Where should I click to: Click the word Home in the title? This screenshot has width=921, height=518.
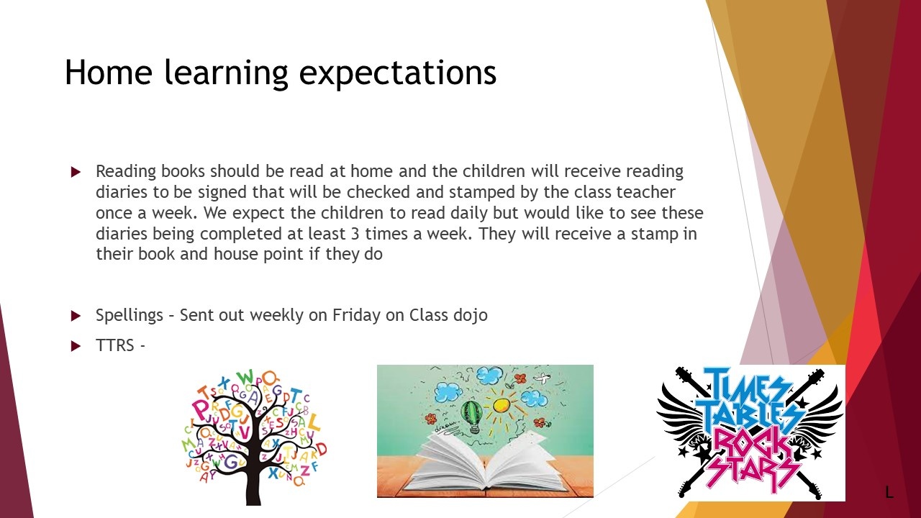[x=109, y=73]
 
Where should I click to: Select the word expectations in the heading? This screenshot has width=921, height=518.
[x=398, y=74]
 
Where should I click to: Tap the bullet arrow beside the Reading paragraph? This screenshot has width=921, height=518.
[x=76, y=172]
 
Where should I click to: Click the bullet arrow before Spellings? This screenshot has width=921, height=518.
[x=76, y=316]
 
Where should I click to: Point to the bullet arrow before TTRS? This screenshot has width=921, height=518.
[x=76, y=346]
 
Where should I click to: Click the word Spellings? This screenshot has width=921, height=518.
[x=130, y=316]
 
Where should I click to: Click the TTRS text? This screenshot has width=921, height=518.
[x=114, y=345]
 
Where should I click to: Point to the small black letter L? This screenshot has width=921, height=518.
[x=889, y=492]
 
